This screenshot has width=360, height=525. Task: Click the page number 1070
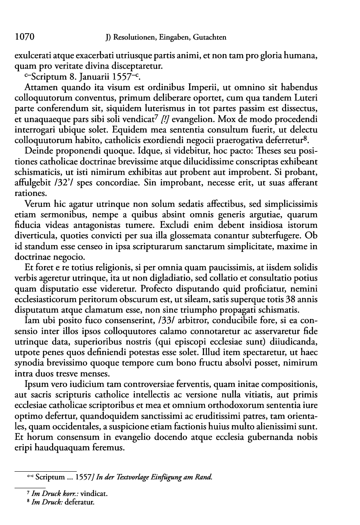(x=24, y=38)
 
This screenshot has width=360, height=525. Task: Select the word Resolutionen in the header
(x=135, y=38)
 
